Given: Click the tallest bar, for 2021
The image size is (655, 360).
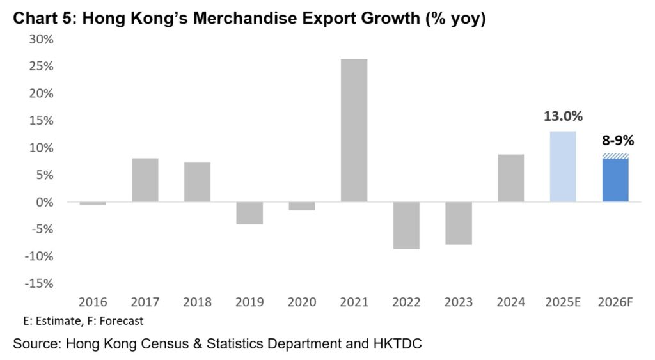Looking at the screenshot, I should (x=354, y=130).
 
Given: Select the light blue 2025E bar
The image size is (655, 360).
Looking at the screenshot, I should (x=563, y=167).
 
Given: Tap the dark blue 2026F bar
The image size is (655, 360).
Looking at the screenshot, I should (x=615, y=180).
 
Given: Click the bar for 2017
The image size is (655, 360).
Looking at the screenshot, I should (x=145, y=180).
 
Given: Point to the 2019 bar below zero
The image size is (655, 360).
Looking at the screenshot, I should (x=249, y=213).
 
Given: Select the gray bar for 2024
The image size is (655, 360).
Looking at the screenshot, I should (x=510, y=178).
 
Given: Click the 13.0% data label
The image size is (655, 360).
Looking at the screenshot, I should (x=563, y=116).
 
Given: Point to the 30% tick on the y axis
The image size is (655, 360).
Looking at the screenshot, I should (x=41, y=40).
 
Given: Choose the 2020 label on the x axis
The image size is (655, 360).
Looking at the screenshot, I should (x=302, y=302).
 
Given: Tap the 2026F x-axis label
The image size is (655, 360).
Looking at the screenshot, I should (x=615, y=302).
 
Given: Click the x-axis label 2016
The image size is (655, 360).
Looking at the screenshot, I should (x=93, y=302).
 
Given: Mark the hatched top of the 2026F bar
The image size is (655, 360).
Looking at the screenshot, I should (x=615, y=156).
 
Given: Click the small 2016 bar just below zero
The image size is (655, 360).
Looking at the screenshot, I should (x=93, y=203).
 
